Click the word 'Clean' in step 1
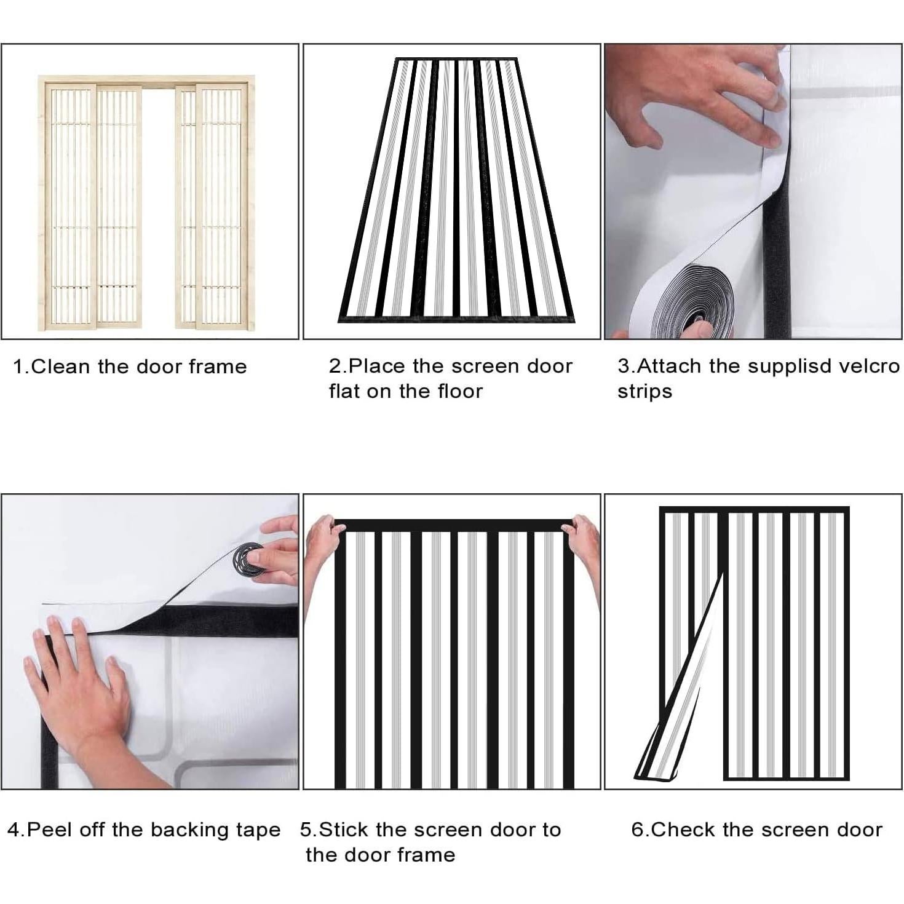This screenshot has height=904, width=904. pos(60,367)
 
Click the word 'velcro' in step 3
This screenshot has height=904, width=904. pos(870,367)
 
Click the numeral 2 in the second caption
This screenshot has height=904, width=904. pos(335,367)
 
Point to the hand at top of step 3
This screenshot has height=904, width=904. pos(694,96)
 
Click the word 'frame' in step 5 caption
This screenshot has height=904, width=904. pos(427,855)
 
